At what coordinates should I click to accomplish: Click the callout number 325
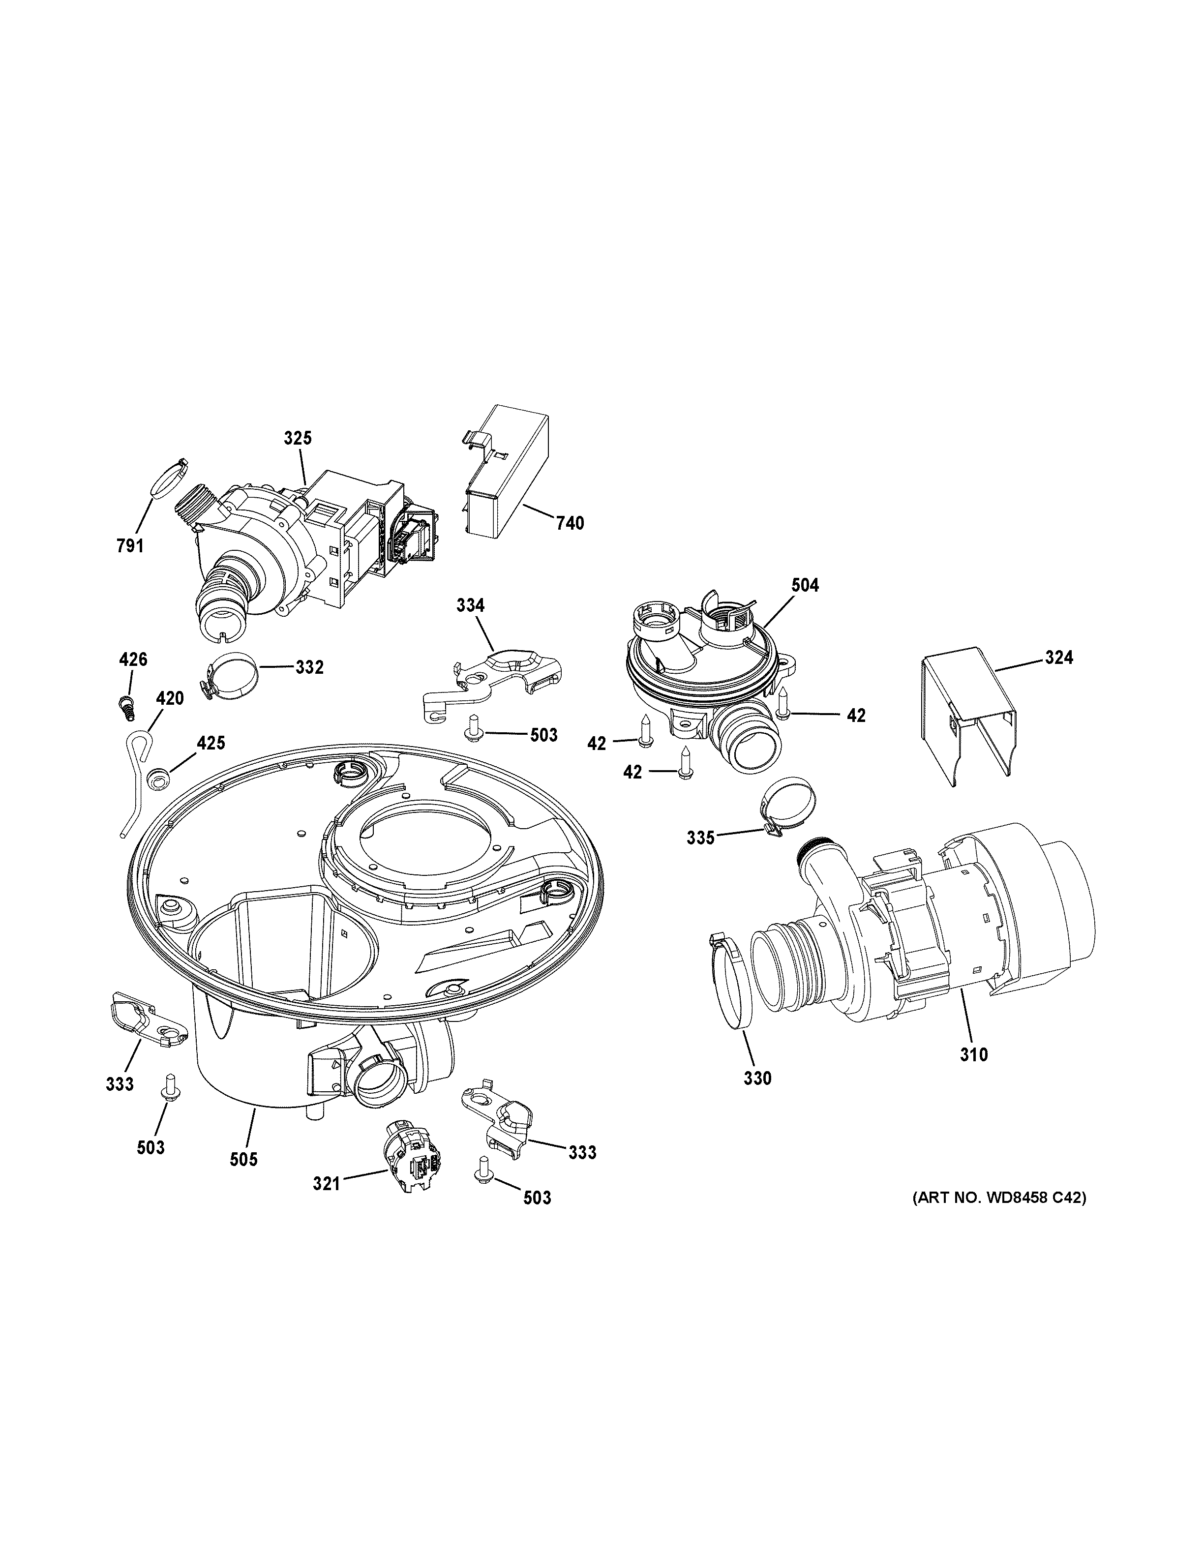coord(298,438)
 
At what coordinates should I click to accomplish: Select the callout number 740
coord(570,524)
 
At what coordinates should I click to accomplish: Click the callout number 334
coord(470,606)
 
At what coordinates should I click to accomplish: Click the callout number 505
coord(243,1160)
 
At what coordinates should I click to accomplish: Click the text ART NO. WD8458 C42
coord(999,1198)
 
